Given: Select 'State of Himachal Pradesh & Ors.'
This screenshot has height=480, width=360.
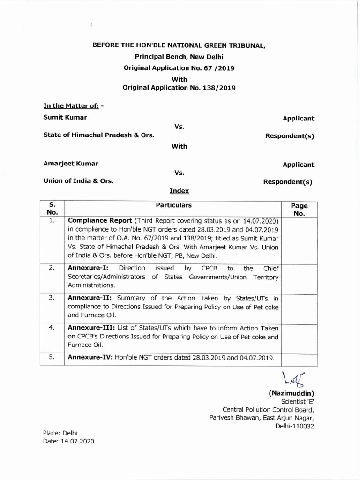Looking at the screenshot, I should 99,135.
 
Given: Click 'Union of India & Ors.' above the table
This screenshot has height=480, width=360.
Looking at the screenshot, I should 78,180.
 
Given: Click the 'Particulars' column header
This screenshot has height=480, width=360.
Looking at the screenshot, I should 173,205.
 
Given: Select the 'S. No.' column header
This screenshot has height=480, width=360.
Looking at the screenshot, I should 52,209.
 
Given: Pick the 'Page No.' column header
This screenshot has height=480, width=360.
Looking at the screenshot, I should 299,210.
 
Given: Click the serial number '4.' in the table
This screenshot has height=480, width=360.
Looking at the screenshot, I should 52,328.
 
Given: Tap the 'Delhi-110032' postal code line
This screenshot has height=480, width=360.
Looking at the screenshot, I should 294,426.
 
